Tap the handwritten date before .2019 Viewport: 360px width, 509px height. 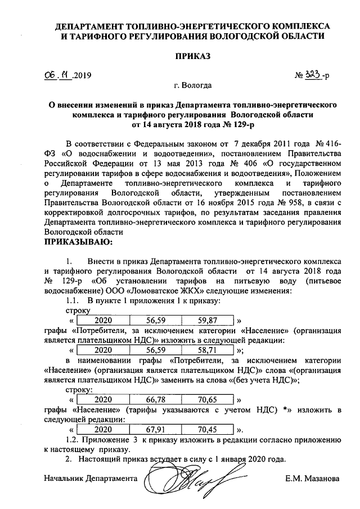point(57,74)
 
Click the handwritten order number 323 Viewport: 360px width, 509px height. point(314,74)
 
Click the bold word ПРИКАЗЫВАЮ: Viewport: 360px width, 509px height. point(78,242)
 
